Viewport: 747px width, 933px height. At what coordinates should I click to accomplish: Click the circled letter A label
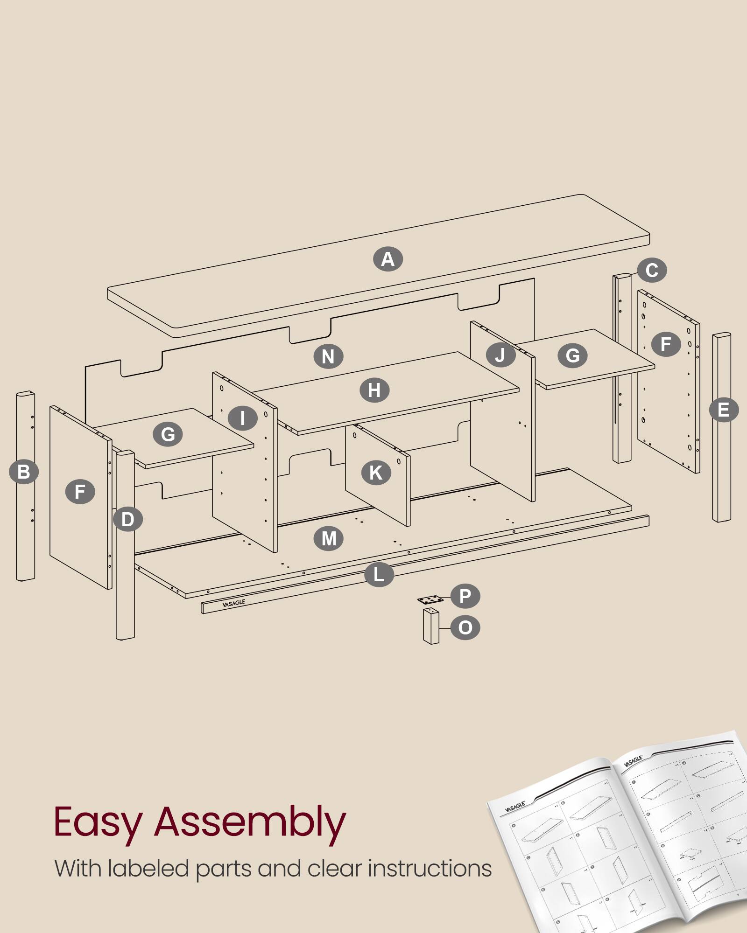point(388,259)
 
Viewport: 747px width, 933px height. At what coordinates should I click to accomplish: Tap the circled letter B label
point(23,471)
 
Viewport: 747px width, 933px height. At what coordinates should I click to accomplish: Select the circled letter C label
point(652,270)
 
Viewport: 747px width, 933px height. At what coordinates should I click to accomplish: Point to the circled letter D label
point(127,519)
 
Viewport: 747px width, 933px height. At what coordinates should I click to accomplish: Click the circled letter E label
point(723,410)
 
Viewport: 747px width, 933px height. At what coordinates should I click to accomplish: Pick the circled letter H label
point(374,390)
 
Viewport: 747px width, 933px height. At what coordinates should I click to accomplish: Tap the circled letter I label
point(242,418)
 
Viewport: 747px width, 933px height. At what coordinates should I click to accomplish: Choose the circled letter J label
point(500,355)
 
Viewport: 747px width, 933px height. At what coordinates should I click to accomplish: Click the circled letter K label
point(376,473)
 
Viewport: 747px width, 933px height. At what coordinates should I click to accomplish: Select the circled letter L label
point(379,574)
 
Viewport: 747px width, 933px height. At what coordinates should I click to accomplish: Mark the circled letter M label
point(329,538)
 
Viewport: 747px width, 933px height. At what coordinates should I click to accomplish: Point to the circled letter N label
point(328,356)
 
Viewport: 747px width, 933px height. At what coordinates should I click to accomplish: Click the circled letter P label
point(465,596)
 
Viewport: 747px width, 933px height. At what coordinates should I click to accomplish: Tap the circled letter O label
point(465,627)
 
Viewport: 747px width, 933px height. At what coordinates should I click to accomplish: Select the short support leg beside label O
point(431,627)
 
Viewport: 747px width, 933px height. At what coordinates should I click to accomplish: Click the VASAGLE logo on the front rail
point(233,603)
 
